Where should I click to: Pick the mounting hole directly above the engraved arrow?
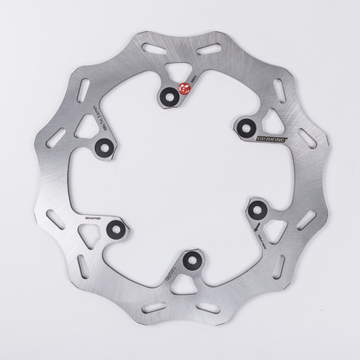(x=257, y=208)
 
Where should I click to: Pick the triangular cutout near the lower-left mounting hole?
(x=90, y=233)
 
